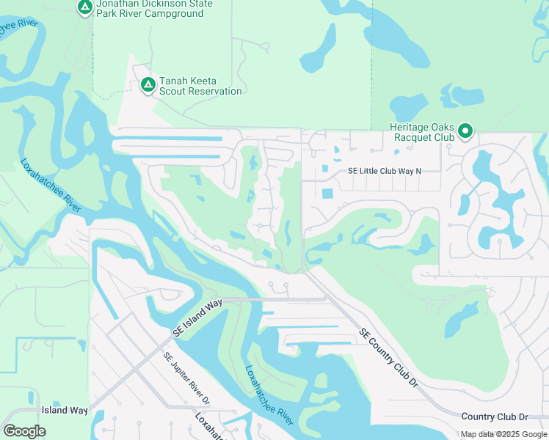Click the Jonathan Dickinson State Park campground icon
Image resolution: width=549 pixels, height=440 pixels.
(x=85, y=7)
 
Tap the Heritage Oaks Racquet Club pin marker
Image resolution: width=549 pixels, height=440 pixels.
(x=465, y=132)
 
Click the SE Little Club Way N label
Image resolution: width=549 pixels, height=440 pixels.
(x=385, y=171)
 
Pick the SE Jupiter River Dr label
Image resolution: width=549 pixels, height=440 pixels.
(x=187, y=379)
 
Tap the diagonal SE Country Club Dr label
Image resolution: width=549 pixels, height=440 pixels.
(x=388, y=356)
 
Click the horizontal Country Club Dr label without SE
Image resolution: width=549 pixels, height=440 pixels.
(x=494, y=417)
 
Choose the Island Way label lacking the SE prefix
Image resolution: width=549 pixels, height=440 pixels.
(x=65, y=411)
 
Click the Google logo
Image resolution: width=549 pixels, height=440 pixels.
(x=25, y=431)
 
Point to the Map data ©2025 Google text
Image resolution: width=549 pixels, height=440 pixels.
(x=503, y=434)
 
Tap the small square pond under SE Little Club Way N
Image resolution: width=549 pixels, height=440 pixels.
(x=327, y=194)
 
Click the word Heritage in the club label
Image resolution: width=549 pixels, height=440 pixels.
(x=410, y=126)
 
